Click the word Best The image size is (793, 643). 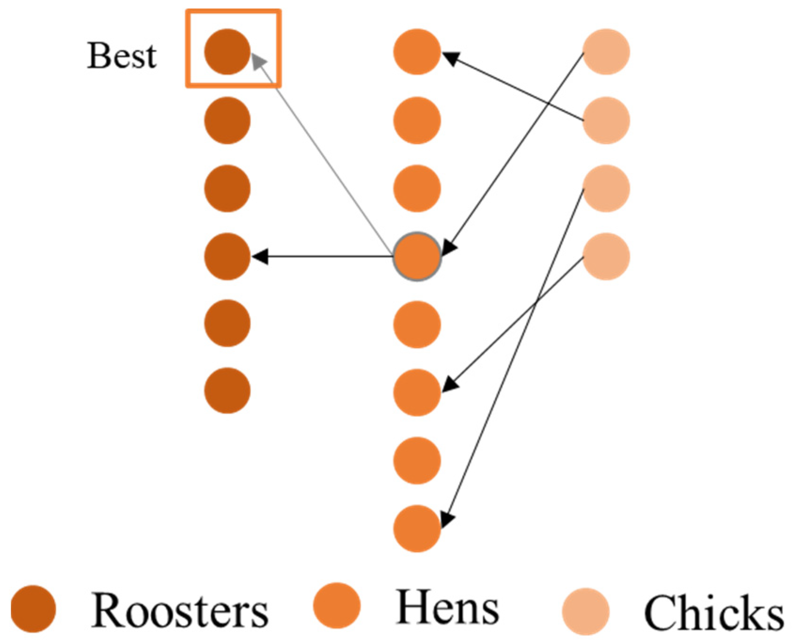122,56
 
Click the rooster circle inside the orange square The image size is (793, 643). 227,52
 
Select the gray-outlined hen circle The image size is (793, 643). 417,257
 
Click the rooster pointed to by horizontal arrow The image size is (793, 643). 227,257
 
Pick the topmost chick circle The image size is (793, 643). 606,52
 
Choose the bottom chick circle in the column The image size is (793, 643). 606,257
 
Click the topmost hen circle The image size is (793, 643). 417,52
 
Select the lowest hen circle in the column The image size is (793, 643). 417,528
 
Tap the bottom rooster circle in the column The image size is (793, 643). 227,391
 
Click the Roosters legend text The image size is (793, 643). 180,611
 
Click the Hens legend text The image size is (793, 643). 448,608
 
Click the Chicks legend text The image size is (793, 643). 714,613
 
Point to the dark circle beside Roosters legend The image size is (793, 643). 33,609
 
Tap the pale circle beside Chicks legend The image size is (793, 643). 586,611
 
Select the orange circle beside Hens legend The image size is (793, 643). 337,606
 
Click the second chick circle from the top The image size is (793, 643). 606,120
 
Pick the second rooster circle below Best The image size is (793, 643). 227,188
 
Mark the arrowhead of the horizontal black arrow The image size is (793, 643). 260,257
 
